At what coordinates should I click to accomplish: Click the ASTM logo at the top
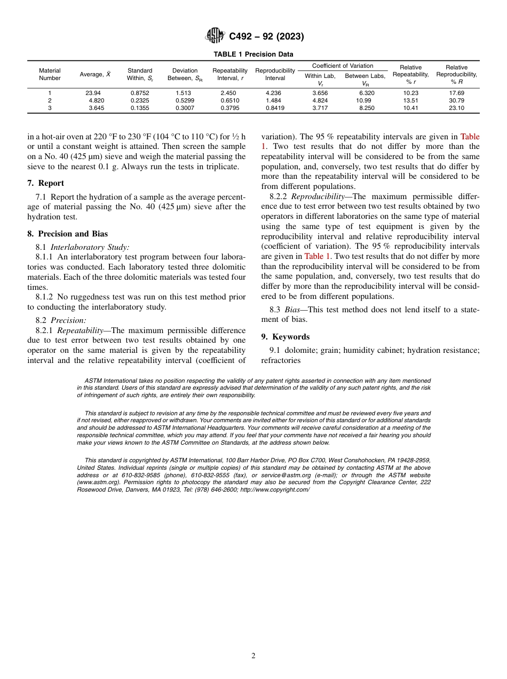[215, 36]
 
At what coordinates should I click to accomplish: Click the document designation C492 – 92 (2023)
[266, 36]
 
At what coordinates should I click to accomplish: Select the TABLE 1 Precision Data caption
[253, 54]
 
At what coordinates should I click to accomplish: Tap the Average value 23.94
[93, 93]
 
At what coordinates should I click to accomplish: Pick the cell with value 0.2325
[140, 100]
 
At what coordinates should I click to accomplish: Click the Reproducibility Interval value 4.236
[274, 93]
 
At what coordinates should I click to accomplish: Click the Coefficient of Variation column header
[343, 66]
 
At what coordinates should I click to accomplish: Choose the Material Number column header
[50, 74]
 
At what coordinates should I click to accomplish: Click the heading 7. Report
[46, 183]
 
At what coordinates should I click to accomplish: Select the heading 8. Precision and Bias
[67, 233]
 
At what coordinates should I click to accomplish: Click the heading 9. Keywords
[285, 337]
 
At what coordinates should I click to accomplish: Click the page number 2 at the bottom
[253, 656]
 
